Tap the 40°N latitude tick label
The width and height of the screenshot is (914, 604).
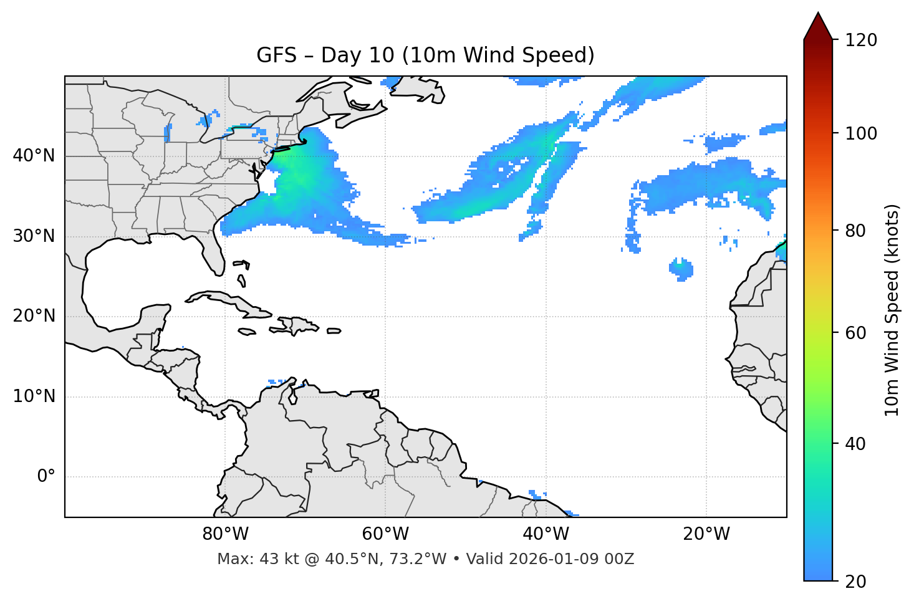click(x=34, y=156)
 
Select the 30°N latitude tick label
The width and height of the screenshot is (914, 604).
click(x=34, y=236)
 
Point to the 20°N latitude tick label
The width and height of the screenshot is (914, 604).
click(x=34, y=316)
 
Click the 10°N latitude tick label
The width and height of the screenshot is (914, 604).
click(x=34, y=396)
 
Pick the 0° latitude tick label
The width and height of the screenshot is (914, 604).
click(x=46, y=477)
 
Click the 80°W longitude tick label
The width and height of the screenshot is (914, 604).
click(x=225, y=534)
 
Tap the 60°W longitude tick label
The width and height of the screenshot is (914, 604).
click(x=385, y=534)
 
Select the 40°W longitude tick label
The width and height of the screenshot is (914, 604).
click(x=546, y=534)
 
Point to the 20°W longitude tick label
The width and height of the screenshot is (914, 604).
click(x=706, y=534)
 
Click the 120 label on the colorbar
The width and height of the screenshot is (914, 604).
click(x=861, y=41)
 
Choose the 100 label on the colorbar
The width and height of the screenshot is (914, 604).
click(x=861, y=133)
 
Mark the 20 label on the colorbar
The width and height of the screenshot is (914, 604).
click(x=856, y=582)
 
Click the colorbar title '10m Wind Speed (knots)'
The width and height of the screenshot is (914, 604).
click(x=892, y=310)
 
